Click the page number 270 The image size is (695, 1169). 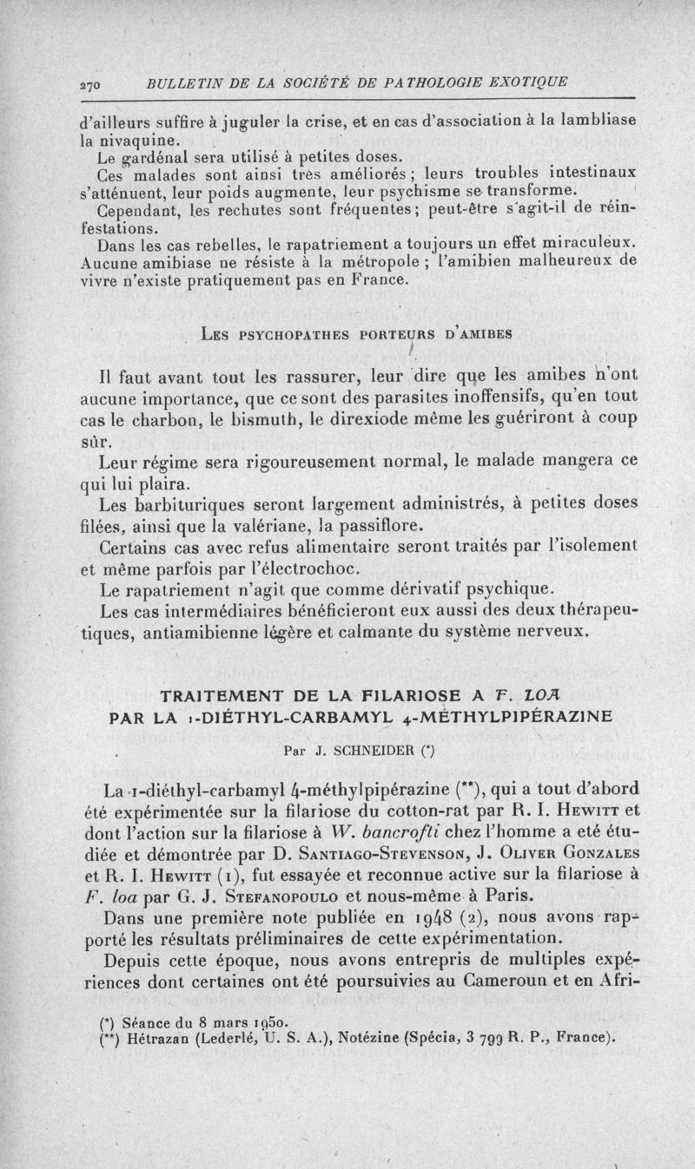(x=89, y=84)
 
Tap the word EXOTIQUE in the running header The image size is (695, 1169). (x=526, y=82)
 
